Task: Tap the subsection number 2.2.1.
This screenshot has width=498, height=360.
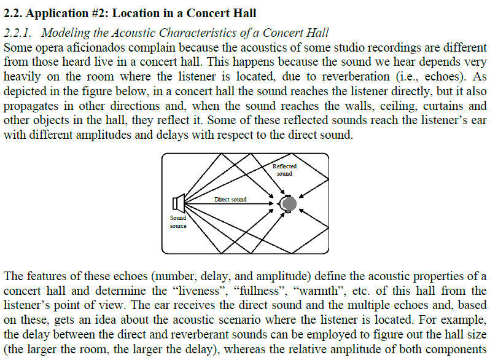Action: click(18, 33)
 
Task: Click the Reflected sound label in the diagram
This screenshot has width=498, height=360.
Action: click(284, 170)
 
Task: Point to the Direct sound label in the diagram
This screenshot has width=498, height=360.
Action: click(230, 200)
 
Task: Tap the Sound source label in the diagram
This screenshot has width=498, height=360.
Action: click(178, 222)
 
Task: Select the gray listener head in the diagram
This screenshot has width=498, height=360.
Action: click(289, 203)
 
